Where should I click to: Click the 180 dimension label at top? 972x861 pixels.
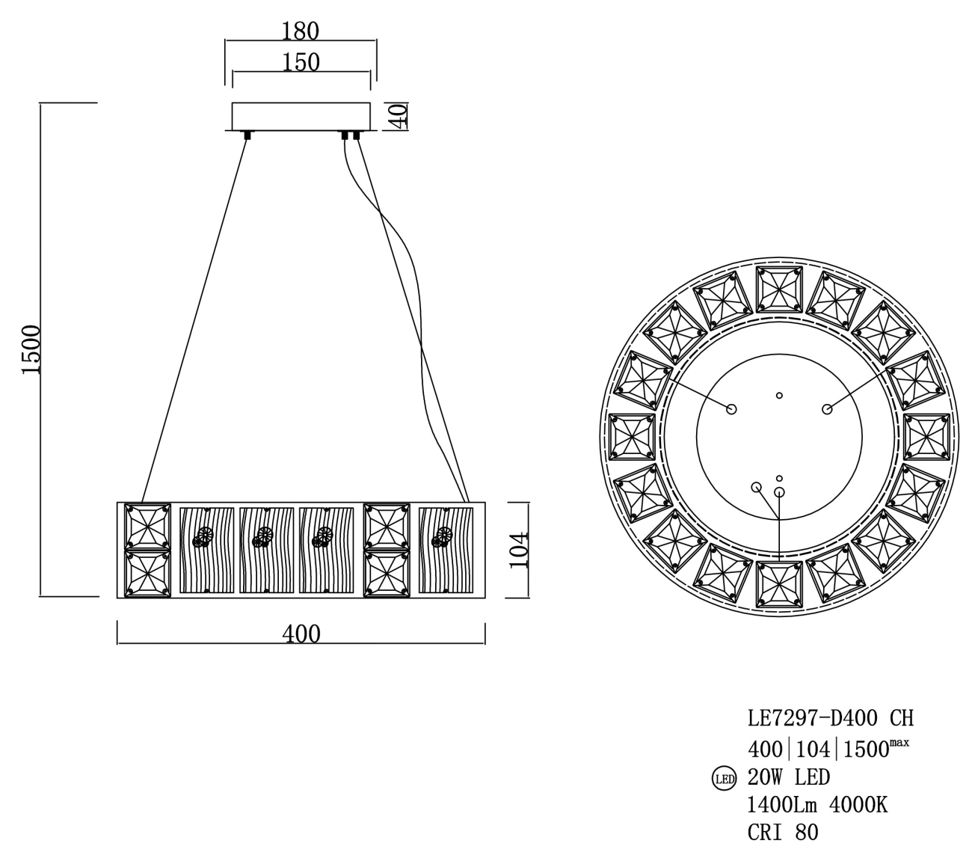click(x=301, y=32)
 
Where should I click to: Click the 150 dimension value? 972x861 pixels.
click(x=301, y=62)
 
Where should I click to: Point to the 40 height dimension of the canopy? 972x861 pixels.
click(x=399, y=116)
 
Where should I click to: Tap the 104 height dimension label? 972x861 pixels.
click(x=518, y=550)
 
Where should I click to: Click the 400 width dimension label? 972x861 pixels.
click(x=301, y=634)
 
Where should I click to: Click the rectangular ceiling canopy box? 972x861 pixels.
click(x=301, y=116)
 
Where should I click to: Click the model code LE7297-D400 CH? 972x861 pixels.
click(x=830, y=719)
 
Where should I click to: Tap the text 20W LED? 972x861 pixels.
click(x=789, y=778)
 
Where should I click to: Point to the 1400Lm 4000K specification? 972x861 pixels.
click(x=817, y=805)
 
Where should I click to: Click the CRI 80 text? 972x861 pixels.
click(x=783, y=832)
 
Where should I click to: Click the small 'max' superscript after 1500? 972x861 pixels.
click(x=899, y=742)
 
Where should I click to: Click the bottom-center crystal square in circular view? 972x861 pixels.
click(x=779, y=583)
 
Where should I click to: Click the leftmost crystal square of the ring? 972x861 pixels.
click(x=633, y=436)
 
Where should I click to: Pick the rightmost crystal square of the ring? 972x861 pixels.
click(x=927, y=436)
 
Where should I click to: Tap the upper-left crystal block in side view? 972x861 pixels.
click(x=147, y=526)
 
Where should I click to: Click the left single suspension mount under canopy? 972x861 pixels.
click(x=247, y=135)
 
